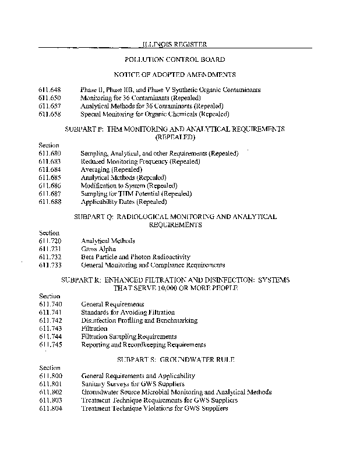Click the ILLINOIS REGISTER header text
tap(175, 44)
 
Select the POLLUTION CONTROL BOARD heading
tap(175, 59)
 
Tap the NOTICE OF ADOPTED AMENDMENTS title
tap(175, 75)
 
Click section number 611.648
tap(50, 90)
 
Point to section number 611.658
tap(50, 114)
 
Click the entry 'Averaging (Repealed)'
tap(107, 169)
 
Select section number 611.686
tap(50, 185)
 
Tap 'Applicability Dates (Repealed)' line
tap(123, 202)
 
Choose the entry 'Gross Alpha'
tap(98, 249)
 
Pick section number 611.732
tap(50, 257)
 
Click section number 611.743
tap(50, 329)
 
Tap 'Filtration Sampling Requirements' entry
tap(129, 337)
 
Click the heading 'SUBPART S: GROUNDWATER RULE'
tap(175, 360)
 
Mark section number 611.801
tap(50, 384)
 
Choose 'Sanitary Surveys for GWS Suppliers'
tap(132, 384)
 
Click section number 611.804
tap(50, 408)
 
